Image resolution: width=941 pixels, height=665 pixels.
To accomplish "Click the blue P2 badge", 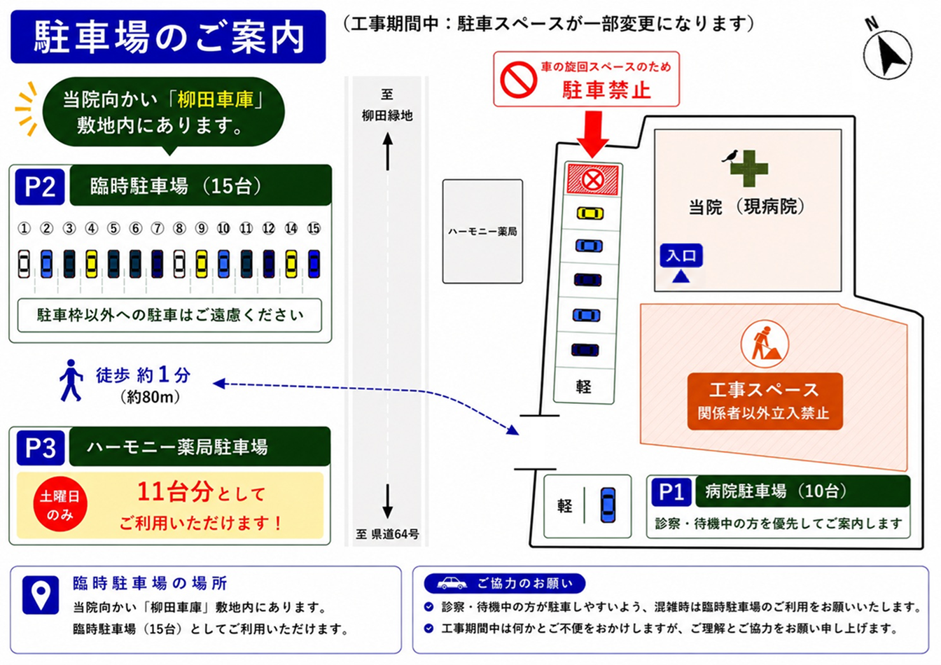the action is [x=40, y=186].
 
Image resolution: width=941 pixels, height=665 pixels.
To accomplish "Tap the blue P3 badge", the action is [x=41, y=448].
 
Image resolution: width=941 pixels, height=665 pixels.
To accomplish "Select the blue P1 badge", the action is [x=671, y=492].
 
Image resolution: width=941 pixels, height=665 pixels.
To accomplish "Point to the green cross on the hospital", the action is [x=749, y=169].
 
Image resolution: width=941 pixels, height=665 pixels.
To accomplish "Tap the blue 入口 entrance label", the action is [x=681, y=255].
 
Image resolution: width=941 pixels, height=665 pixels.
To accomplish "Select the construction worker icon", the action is [x=765, y=344].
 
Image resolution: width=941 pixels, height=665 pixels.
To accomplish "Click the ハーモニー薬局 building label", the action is [x=482, y=232].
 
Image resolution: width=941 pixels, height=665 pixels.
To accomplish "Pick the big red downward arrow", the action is [x=593, y=134].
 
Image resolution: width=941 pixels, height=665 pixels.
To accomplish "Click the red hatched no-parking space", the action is [x=593, y=180].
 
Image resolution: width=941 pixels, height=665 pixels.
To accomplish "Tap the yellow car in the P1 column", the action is [x=590, y=213].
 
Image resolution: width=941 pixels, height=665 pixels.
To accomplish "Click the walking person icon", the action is [x=71, y=380].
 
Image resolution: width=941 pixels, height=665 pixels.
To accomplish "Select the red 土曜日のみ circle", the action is [x=60, y=504].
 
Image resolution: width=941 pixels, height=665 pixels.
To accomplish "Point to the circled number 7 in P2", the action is [x=158, y=228].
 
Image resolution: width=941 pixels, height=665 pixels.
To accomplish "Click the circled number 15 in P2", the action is [x=314, y=228].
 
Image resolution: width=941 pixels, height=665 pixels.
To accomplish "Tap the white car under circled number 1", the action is [x=24, y=264].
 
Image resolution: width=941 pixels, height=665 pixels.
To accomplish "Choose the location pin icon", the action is [x=41, y=595].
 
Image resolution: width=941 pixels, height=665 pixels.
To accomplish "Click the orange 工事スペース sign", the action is [x=765, y=401].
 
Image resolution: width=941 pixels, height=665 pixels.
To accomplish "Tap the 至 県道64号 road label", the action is [x=387, y=534].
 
